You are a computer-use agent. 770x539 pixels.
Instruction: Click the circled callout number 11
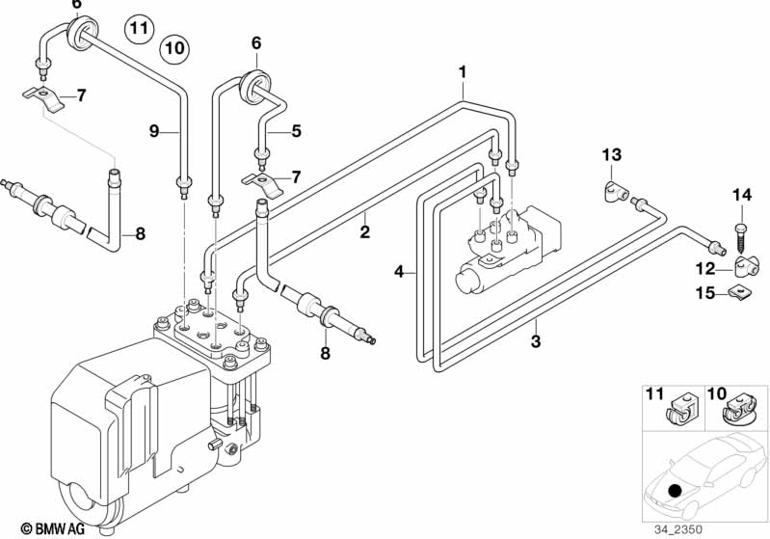141,28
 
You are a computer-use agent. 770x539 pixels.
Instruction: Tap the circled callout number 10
173,46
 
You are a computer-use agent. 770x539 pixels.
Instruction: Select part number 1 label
463,71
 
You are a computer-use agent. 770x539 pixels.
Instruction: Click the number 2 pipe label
364,232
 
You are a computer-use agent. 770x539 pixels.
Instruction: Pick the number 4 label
399,273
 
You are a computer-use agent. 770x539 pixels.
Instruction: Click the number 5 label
297,130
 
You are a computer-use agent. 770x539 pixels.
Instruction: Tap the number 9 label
152,130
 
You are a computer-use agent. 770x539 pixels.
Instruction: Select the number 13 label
613,155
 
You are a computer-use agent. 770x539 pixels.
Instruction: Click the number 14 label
740,196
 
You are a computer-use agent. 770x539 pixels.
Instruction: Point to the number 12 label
704,267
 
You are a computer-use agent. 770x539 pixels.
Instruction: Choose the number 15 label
704,292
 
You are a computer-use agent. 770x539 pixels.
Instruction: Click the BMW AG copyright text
39,527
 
